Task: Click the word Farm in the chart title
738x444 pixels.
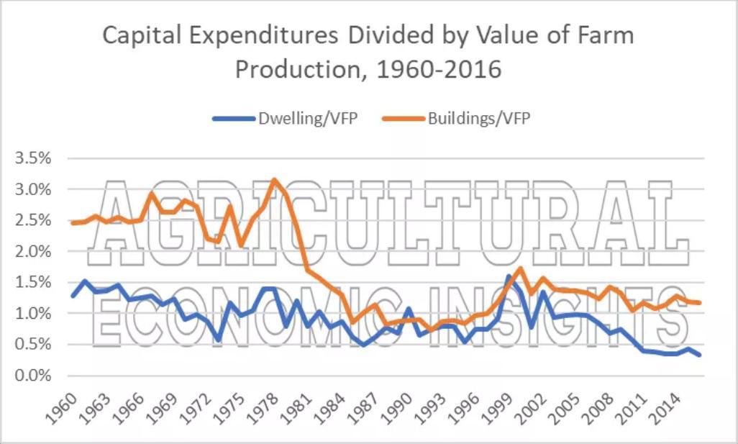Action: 604,36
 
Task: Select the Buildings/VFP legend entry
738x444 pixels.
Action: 478,118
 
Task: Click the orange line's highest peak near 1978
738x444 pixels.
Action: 274,180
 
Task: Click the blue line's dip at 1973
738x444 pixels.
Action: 218,340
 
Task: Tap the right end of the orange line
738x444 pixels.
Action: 699,303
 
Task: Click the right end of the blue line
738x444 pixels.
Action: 699,355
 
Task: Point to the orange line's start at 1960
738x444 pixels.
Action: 73,223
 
